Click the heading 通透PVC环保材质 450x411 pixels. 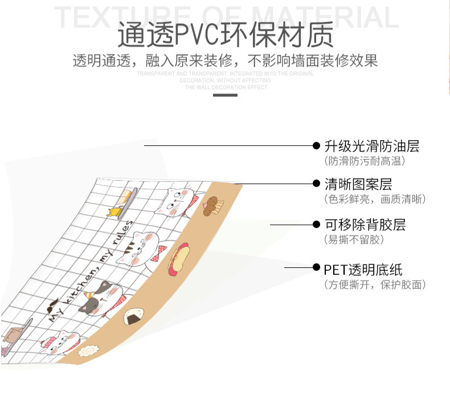(226, 35)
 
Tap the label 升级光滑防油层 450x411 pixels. (371, 146)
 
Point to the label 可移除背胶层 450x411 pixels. (365, 224)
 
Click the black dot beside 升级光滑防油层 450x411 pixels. (317, 146)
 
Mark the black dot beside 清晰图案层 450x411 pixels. (317, 184)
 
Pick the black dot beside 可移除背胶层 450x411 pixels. (317, 224)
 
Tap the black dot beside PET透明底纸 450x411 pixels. (317, 267)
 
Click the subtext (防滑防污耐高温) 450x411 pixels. (365, 161)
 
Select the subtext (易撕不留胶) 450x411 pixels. (354, 239)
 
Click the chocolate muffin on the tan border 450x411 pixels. (213, 204)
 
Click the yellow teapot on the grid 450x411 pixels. (114, 213)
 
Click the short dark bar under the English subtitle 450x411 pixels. (224, 95)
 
